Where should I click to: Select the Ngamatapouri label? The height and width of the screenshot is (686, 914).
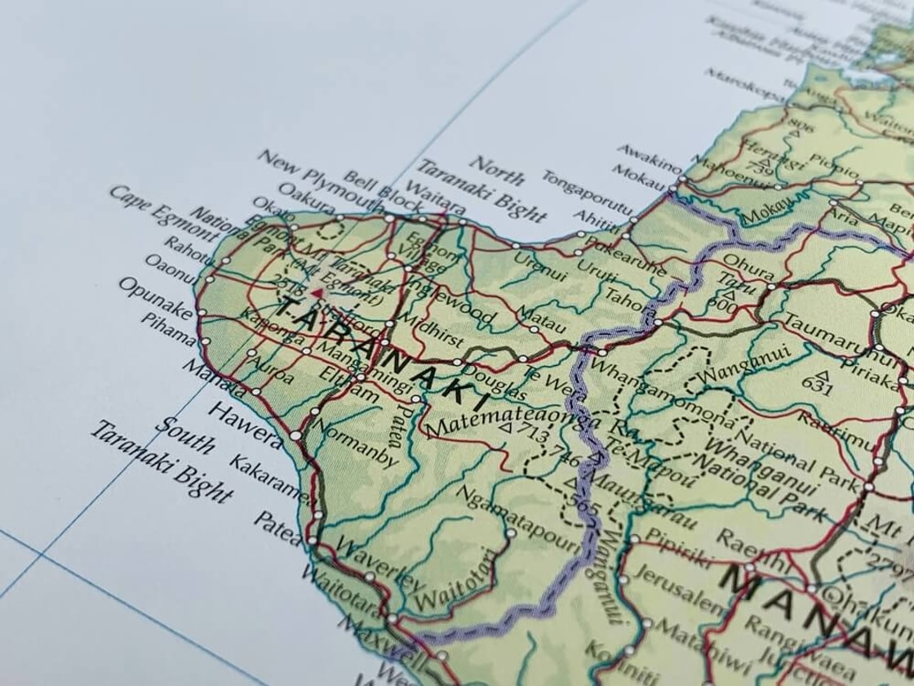pos(506,511)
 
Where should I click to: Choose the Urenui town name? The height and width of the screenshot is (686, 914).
pos(539,265)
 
